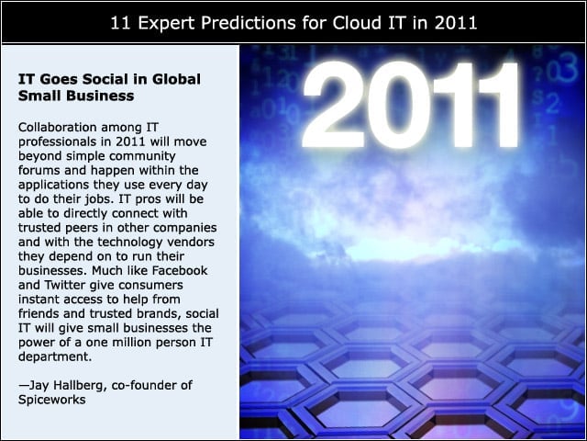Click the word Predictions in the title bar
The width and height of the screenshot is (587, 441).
point(249,23)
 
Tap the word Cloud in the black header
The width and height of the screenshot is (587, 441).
point(355,23)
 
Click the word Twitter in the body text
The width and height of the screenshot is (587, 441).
point(65,285)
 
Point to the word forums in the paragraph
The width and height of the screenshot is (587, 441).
point(39,170)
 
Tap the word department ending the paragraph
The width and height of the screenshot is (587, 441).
point(55,357)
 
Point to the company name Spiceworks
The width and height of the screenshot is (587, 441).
point(52,401)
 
